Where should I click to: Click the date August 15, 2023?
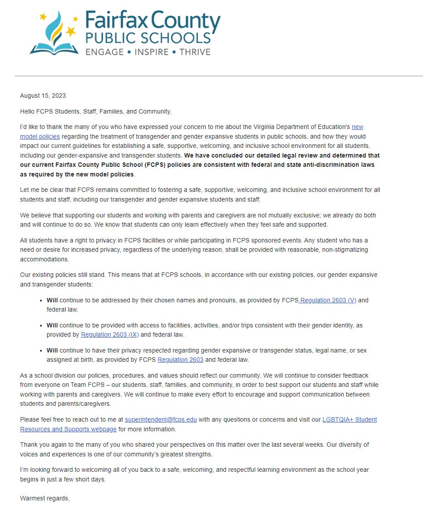pyautogui.click(x=43, y=96)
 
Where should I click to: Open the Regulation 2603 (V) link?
pyautogui.click(x=328, y=300)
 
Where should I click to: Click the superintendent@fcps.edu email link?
pyautogui.click(x=161, y=419)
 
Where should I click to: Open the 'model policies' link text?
pyautogui.click(x=40, y=136)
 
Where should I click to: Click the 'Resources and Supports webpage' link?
pyautogui.click(x=68, y=429)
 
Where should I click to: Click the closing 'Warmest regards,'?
pyautogui.click(x=45, y=499)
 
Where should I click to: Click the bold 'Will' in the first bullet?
pyautogui.click(x=52, y=300)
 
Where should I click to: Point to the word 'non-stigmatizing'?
pyautogui.click(x=344, y=250)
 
